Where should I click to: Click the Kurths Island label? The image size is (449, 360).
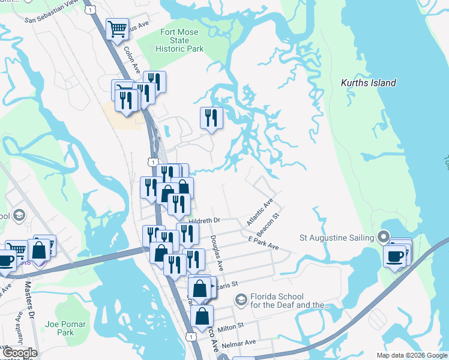click(368, 83)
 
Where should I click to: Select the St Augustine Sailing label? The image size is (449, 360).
click(336, 237)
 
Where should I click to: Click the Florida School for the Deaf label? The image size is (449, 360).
click(286, 301)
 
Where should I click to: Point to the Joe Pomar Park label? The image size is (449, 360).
click(65, 328)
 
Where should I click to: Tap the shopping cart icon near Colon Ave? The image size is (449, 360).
click(117, 28)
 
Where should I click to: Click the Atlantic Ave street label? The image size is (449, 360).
click(259, 212)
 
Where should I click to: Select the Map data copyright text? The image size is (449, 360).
click(411, 355)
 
